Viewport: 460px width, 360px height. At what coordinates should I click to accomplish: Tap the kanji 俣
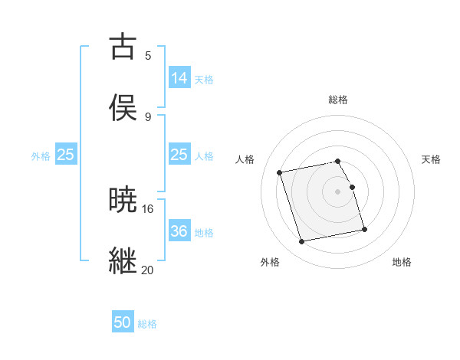click(123, 108)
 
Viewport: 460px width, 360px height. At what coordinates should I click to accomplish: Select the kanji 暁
click(123, 200)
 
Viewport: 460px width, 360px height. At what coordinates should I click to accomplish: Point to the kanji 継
click(123, 260)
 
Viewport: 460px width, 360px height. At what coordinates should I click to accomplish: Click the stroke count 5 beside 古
click(148, 55)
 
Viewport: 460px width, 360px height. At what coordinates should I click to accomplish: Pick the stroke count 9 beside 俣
click(148, 116)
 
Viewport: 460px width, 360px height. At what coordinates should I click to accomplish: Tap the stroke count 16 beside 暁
click(148, 208)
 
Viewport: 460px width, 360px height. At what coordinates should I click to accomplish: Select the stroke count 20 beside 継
click(148, 270)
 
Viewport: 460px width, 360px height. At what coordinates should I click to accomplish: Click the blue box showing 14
click(179, 77)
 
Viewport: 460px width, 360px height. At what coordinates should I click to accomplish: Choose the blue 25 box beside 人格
click(179, 155)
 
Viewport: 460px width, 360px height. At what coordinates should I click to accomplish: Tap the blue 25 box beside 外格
click(66, 155)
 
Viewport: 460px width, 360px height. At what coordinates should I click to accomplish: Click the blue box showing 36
click(179, 231)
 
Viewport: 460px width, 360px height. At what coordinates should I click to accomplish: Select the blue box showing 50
click(123, 322)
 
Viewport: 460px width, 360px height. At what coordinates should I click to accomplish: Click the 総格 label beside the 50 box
click(148, 324)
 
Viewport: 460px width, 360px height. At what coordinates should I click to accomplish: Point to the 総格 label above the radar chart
click(338, 100)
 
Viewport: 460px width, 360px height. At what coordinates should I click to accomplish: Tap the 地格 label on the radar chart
click(402, 262)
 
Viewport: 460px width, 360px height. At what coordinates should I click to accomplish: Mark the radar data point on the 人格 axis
click(280, 172)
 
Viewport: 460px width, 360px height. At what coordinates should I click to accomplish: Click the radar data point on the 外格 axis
click(302, 242)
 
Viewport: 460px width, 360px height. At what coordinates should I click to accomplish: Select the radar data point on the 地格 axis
click(364, 229)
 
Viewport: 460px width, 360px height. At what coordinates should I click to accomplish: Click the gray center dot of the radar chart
click(338, 191)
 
